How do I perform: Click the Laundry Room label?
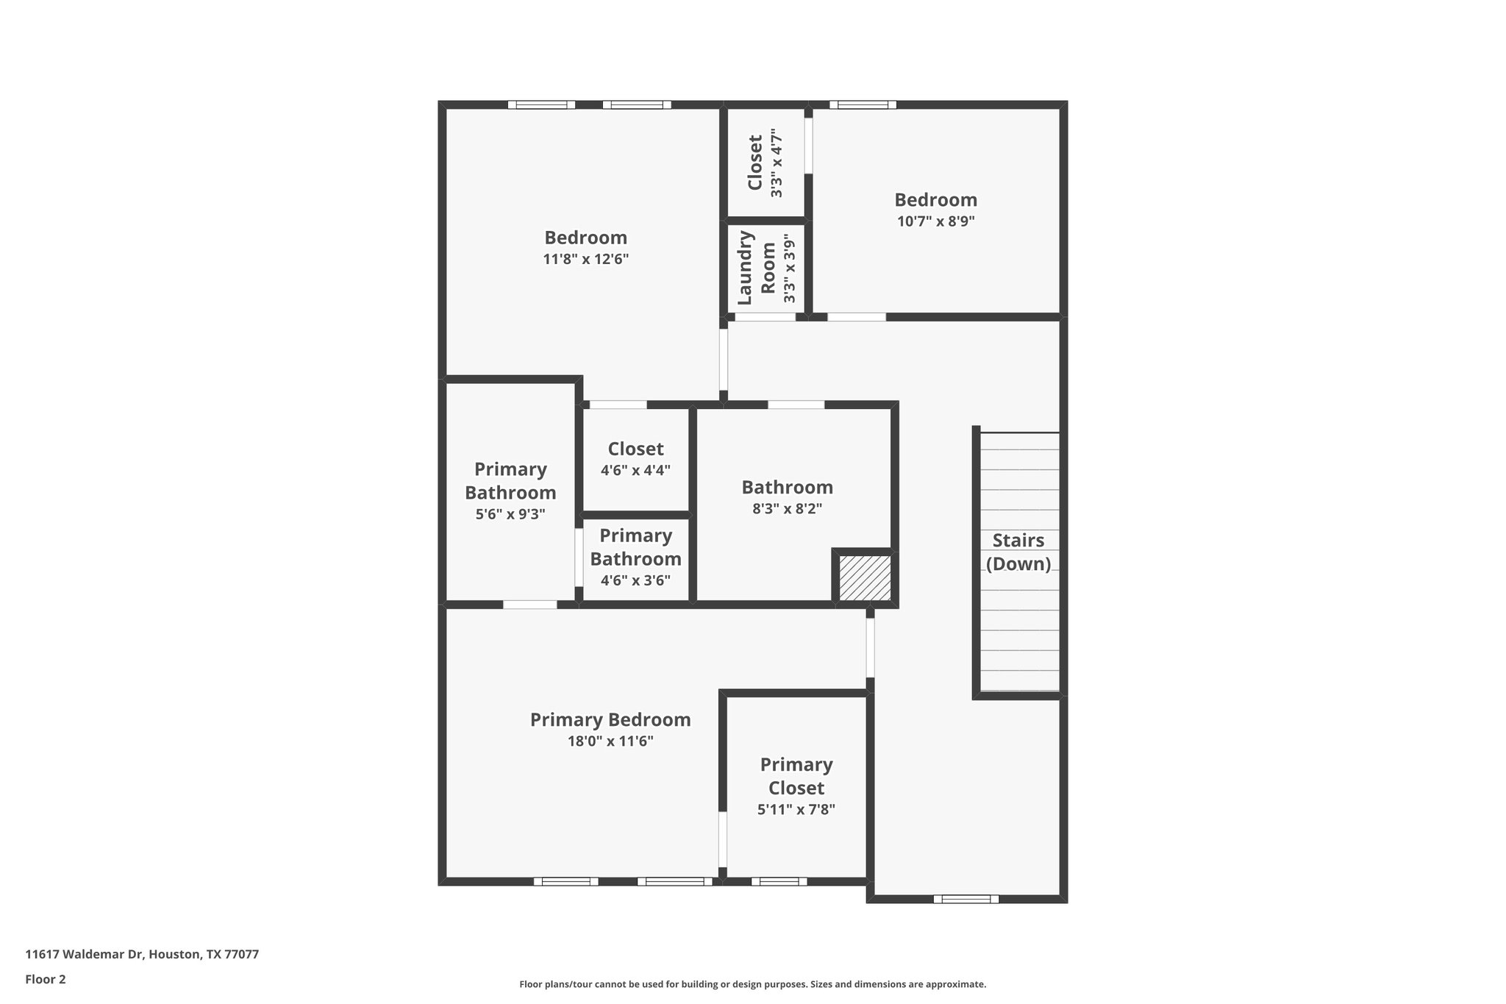tap(757, 268)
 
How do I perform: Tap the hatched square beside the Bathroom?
tap(865, 578)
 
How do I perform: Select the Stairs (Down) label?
tap(1018, 552)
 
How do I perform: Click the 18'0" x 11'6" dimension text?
tap(610, 741)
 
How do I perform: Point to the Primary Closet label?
tap(796, 776)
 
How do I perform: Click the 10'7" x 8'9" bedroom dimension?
tap(935, 221)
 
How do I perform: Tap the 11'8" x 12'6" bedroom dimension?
tap(586, 260)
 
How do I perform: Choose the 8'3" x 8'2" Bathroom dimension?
tap(787, 509)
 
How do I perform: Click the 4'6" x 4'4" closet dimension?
tap(635, 471)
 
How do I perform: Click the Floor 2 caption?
tap(46, 980)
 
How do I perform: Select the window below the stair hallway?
tap(966, 899)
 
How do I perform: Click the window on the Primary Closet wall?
tap(779, 881)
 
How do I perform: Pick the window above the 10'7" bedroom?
tap(863, 104)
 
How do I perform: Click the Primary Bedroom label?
tap(610, 720)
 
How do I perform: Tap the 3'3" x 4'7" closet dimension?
tap(776, 163)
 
